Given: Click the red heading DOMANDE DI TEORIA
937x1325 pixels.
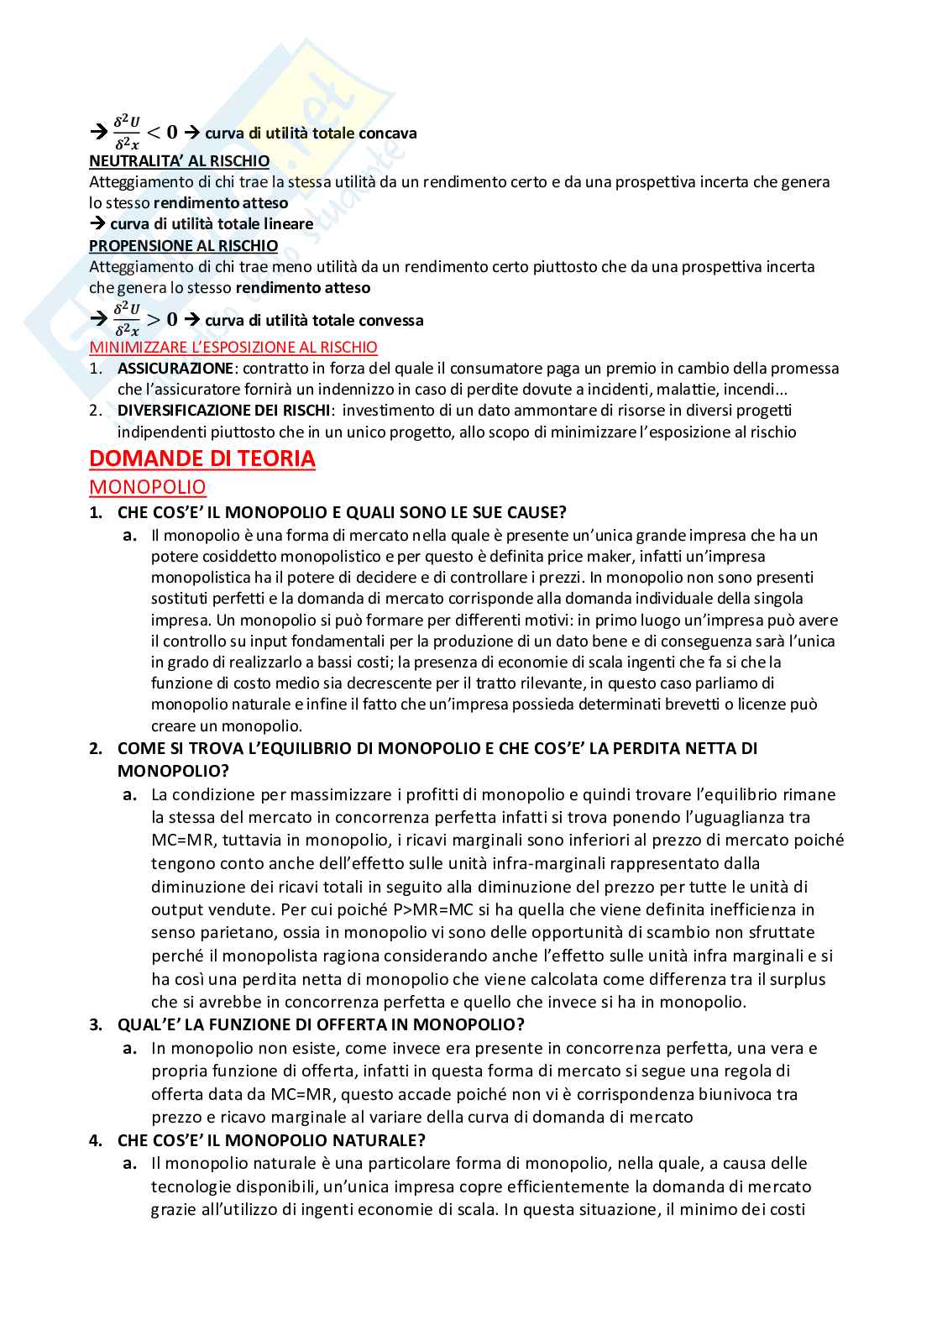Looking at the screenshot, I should (202, 459).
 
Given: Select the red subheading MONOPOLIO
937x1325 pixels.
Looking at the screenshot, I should (147, 487).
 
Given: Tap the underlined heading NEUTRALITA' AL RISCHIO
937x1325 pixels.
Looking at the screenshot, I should (179, 160).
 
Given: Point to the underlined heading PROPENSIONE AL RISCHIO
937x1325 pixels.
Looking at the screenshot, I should (183, 246).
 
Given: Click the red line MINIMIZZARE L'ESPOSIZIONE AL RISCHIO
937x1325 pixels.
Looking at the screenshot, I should (233, 347).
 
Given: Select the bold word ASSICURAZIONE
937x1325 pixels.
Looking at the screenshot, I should (175, 369).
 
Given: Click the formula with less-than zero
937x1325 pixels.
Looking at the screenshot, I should (145, 132).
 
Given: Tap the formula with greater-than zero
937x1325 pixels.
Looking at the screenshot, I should (145, 319).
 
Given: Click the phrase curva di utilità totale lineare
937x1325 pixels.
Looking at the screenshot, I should (212, 224).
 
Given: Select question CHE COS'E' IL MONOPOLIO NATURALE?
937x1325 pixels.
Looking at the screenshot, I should (271, 1140).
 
